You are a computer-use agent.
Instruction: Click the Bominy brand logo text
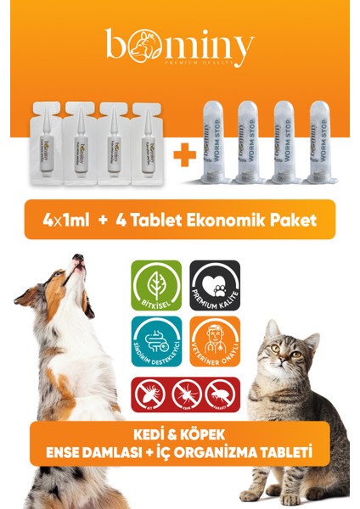[x=179, y=48]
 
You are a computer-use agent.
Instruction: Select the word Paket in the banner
[x=292, y=220]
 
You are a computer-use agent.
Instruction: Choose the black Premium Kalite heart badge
[x=214, y=285]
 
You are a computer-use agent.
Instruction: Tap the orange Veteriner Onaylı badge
[x=214, y=343]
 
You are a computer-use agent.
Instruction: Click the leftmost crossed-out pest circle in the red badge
[x=149, y=394]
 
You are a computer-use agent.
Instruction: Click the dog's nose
[x=77, y=258]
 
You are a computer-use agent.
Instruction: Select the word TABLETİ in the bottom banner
[x=281, y=453]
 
